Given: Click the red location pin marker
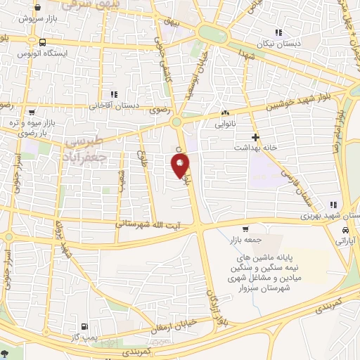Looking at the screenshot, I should (x=181, y=165).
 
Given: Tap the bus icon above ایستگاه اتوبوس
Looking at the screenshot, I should (x=44, y=41).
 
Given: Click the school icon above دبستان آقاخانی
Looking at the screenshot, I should (x=113, y=94).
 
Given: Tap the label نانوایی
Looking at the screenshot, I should (x=224, y=124).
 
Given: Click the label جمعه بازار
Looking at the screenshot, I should (x=245, y=240).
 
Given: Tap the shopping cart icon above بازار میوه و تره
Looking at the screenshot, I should (x=32, y=110).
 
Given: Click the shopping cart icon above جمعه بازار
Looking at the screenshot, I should (x=245, y=229).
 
